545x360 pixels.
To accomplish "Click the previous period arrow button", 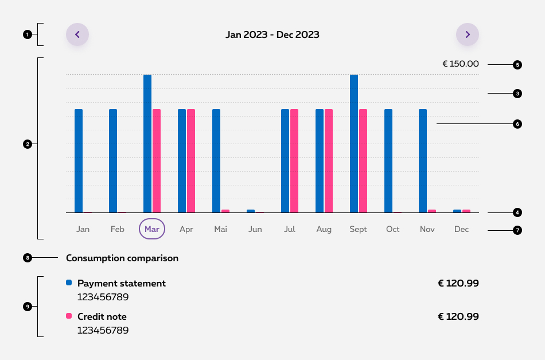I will coord(77,34).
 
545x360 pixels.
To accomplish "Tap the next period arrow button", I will coord(468,34).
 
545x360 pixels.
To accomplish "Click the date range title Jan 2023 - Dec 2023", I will coord(272,34).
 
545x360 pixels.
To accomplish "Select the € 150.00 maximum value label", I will coord(460,64).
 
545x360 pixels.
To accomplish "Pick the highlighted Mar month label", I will coord(152,229).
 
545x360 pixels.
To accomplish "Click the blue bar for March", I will coord(147,144).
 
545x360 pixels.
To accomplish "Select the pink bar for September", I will coord(363,161).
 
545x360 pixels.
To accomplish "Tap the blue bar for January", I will coord(79,161).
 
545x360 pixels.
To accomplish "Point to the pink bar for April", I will coord(191,161).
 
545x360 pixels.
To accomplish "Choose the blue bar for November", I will coord(423,161).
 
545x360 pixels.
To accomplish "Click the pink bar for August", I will coord(329,161).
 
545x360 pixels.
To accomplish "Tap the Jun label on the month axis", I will coord(255,229).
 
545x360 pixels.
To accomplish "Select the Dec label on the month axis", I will coord(462,229).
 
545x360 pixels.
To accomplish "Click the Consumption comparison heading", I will coord(122,258).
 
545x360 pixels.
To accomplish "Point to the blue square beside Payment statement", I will coord(69,282).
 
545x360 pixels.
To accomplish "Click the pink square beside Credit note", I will coord(69,316).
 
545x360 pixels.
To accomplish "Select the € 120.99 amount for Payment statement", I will coord(458,283).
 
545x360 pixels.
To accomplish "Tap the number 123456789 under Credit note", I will coord(103,330).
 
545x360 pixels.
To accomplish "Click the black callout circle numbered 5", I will coord(517,65).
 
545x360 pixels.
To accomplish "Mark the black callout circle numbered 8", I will coord(27,258).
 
